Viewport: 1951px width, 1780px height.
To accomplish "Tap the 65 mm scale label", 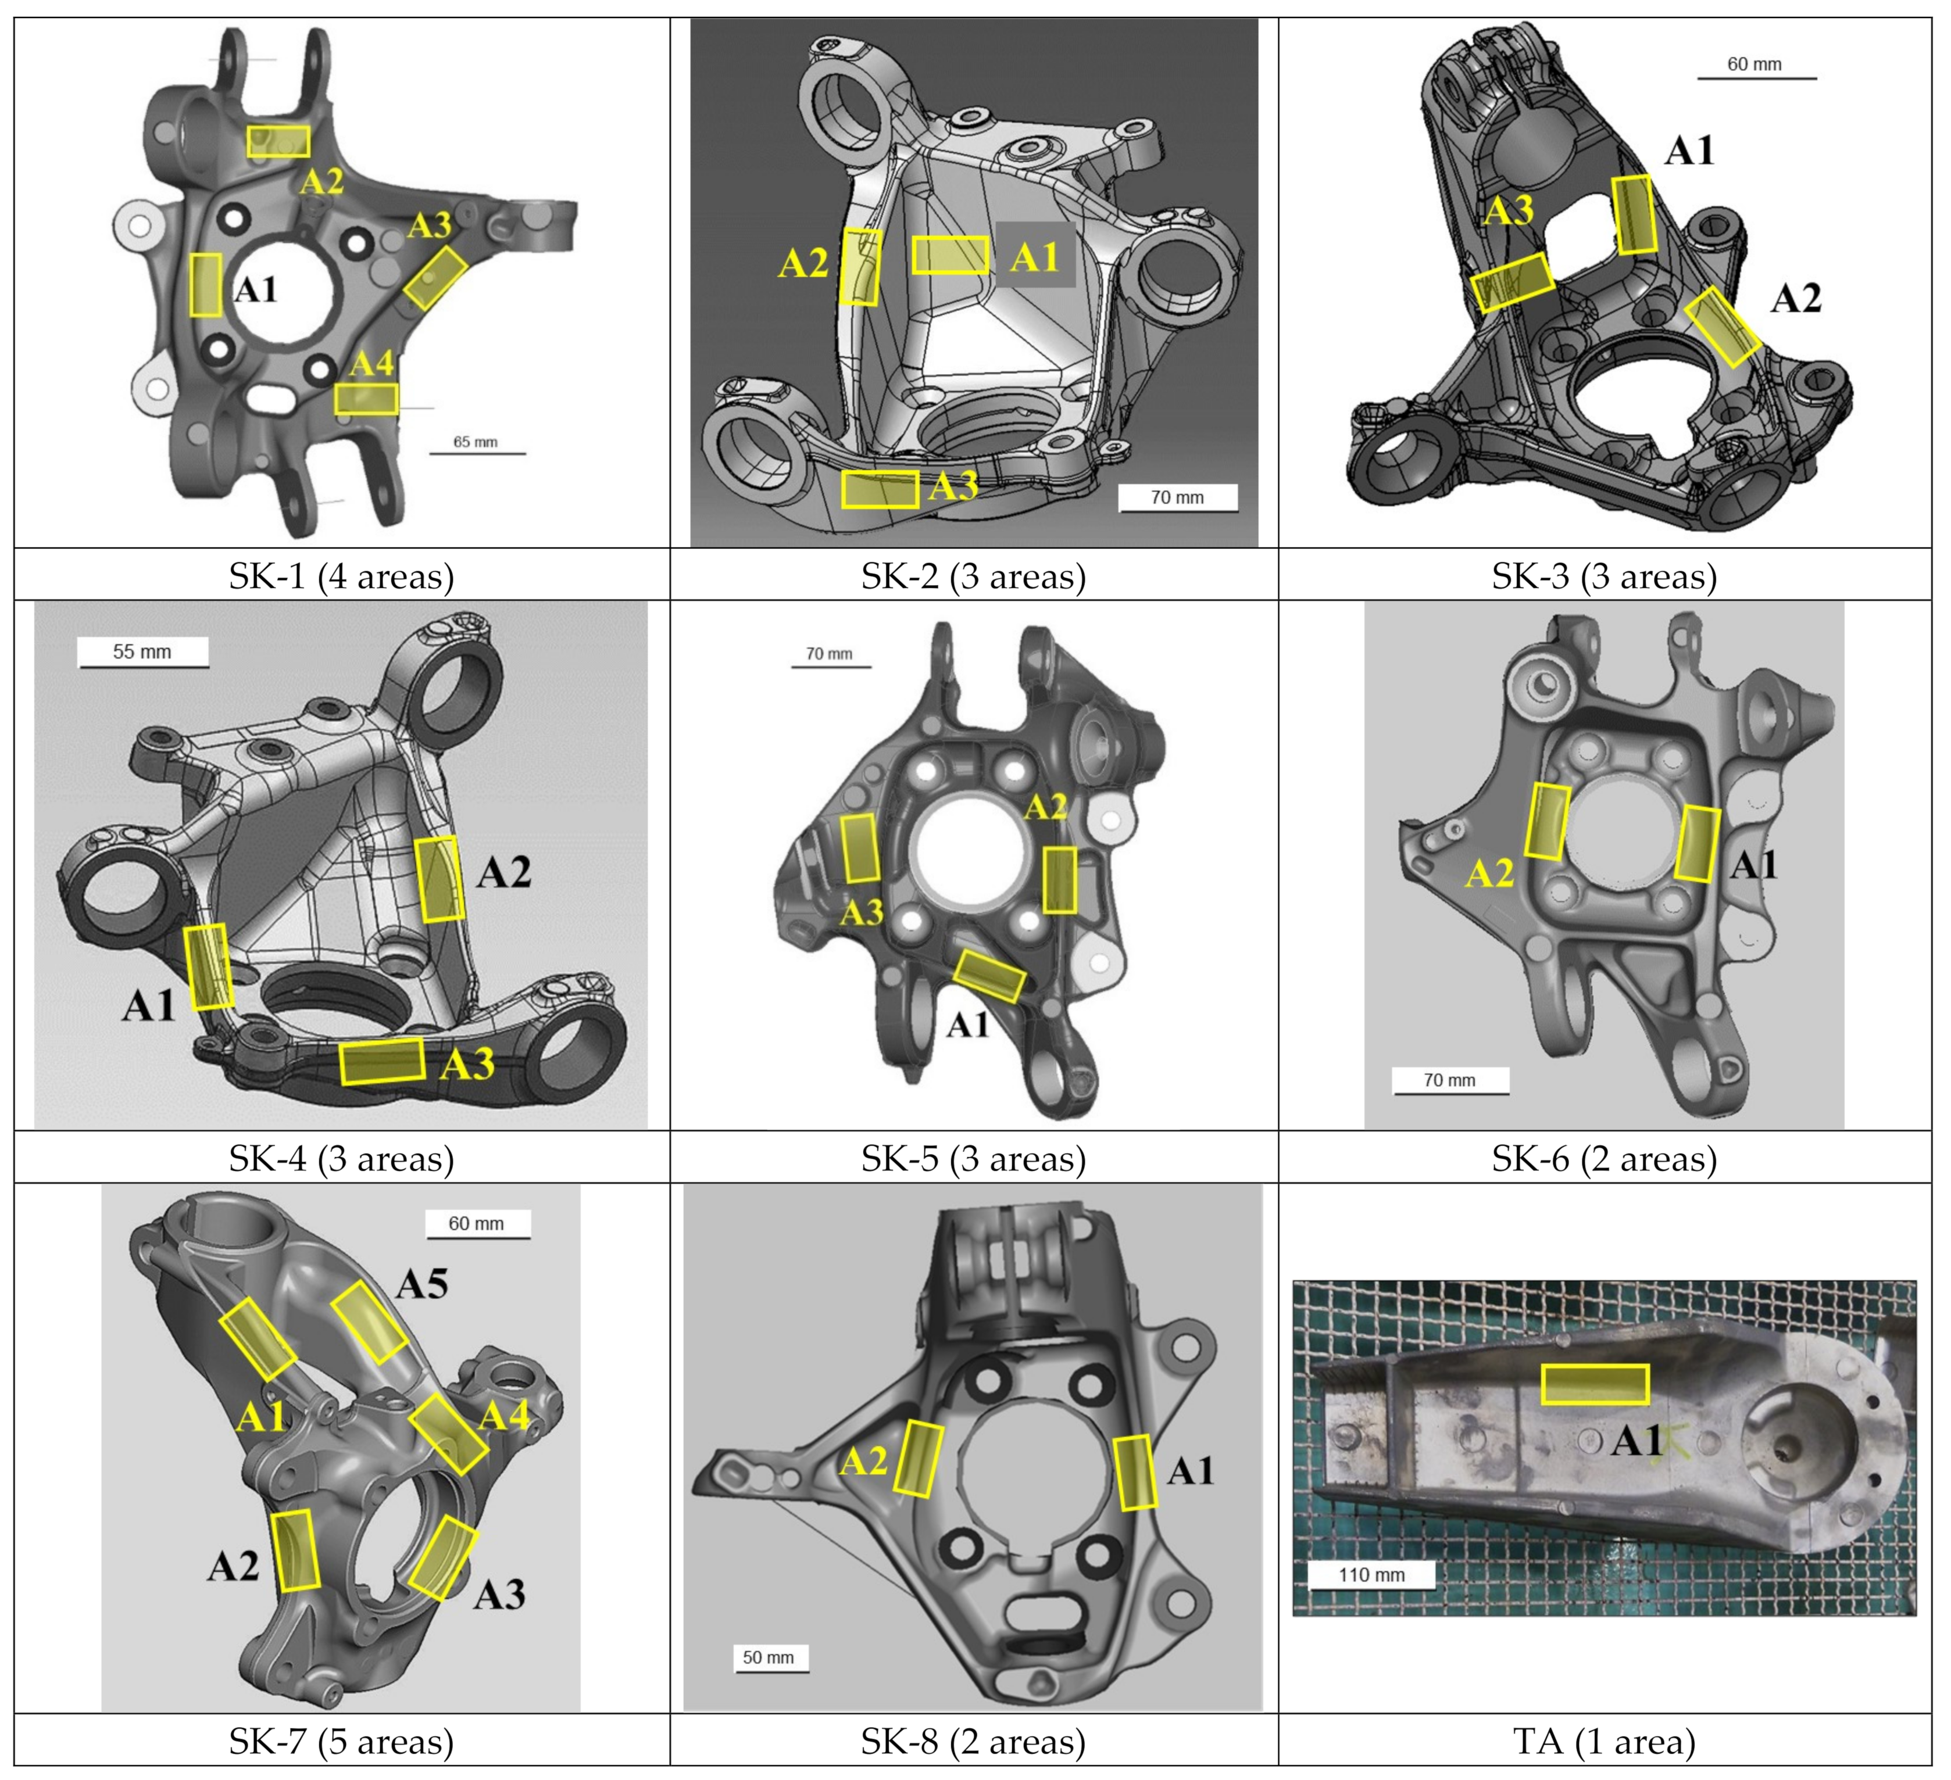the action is pos(475,442).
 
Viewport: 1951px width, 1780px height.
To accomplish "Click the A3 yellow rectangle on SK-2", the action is pos(880,489).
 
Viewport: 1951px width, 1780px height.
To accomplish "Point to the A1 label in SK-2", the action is pos(1035,258).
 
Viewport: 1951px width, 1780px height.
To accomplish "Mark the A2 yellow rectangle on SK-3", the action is pos(1723,327).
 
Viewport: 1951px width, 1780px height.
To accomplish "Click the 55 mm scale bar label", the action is pos(142,652).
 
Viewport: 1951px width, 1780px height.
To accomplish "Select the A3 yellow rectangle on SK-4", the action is pos(383,1061).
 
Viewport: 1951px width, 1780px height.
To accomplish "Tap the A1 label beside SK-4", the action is pos(148,1006).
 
